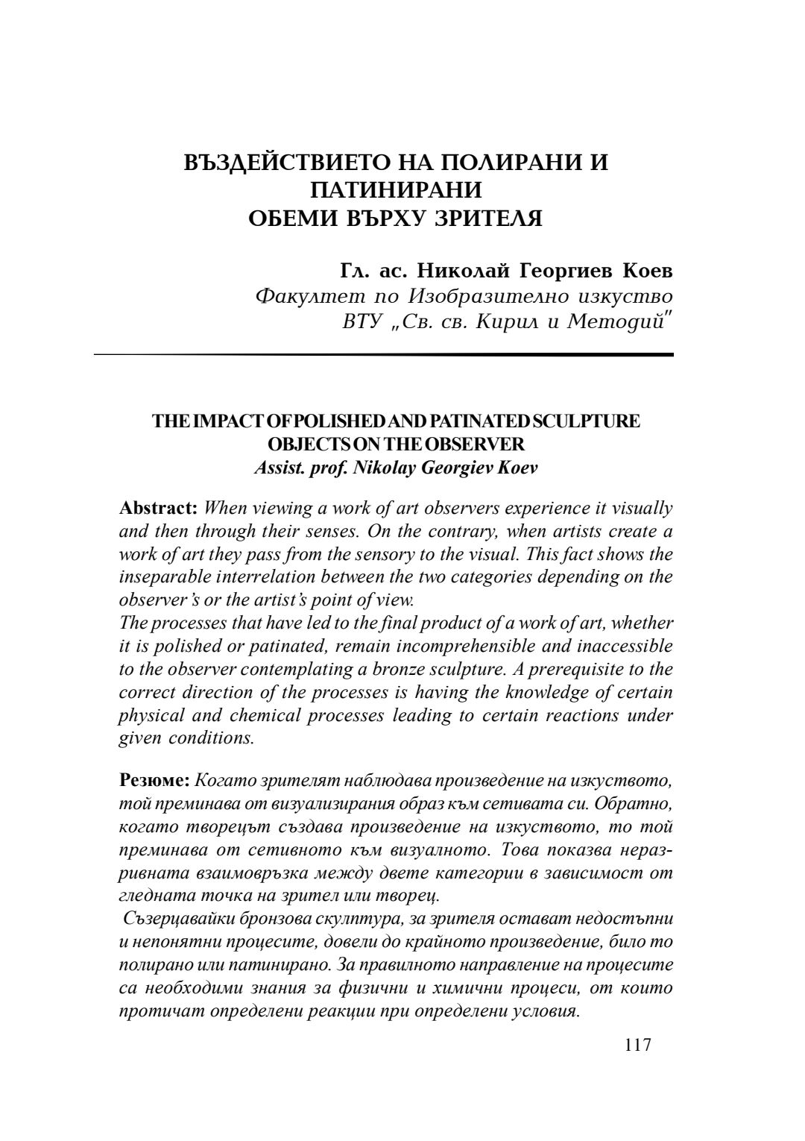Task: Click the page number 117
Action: click(637, 1045)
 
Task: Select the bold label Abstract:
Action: click(158, 509)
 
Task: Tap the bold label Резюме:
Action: click(155, 781)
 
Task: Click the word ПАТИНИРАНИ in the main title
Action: click(396, 189)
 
